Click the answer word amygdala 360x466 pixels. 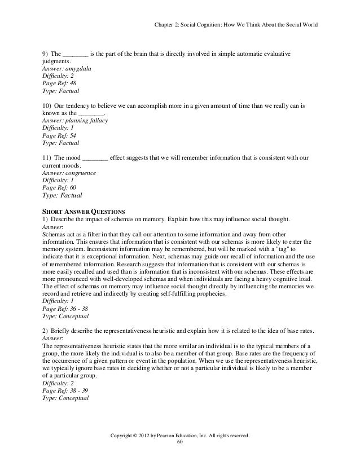pos(78,69)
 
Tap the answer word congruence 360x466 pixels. pos(81,173)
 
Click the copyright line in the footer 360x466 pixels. pos(180,435)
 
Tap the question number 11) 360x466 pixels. pos(47,158)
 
